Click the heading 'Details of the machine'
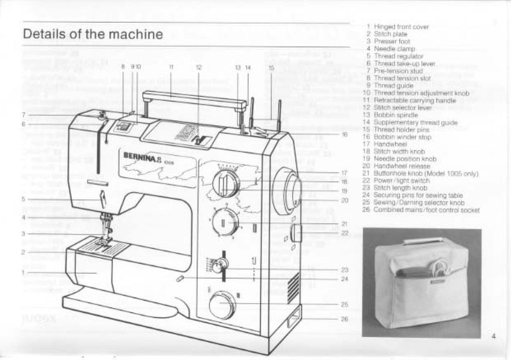point(93,34)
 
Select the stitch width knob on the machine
point(226,182)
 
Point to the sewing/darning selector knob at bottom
point(222,305)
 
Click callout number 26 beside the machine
point(344,319)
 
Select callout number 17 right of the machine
point(344,173)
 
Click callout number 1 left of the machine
point(23,272)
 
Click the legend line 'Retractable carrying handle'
point(415,100)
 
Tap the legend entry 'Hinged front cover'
point(401,27)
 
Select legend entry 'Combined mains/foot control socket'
point(427,210)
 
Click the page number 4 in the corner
point(493,336)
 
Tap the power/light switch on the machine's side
point(294,233)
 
